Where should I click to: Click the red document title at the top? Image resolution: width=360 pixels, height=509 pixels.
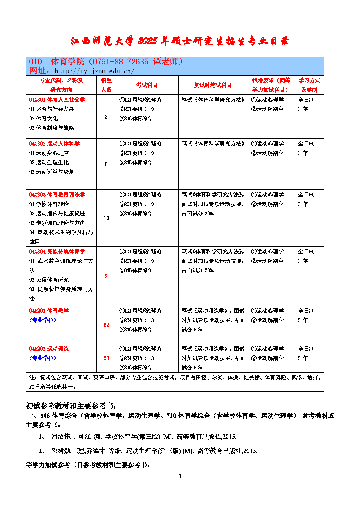tap(180, 41)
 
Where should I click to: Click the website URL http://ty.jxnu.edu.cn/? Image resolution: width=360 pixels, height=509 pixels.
tap(94, 71)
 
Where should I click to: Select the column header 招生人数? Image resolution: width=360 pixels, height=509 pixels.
tap(106, 85)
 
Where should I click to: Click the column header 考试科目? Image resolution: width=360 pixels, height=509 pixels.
tap(147, 85)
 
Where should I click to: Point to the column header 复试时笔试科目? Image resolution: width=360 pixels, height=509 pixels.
tap(213, 85)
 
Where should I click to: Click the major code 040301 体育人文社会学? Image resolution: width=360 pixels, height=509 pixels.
tap(57, 100)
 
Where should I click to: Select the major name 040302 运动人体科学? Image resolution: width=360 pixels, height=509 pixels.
tap(54, 144)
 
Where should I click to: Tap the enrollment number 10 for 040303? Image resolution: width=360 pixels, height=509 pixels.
tap(106, 218)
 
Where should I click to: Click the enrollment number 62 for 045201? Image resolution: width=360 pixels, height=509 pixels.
tap(106, 325)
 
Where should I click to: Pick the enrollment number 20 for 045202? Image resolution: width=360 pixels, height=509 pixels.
tap(106, 358)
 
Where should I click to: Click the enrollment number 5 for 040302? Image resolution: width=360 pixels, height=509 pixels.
tap(106, 165)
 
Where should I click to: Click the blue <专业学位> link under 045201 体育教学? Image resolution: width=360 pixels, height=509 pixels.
tap(43, 320)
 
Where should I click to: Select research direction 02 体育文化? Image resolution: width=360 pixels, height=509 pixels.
tap(44, 118)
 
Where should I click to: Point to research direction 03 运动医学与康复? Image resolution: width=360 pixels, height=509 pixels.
tap(52, 172)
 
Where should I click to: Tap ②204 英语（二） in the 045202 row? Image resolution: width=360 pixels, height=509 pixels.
tap(137, 358)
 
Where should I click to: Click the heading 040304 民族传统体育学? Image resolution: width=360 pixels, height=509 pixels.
tap(57, 252)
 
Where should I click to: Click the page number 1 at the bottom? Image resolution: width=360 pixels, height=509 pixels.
tap(180, 476)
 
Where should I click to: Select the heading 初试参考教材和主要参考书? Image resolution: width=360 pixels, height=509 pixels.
tap(71, 406)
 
